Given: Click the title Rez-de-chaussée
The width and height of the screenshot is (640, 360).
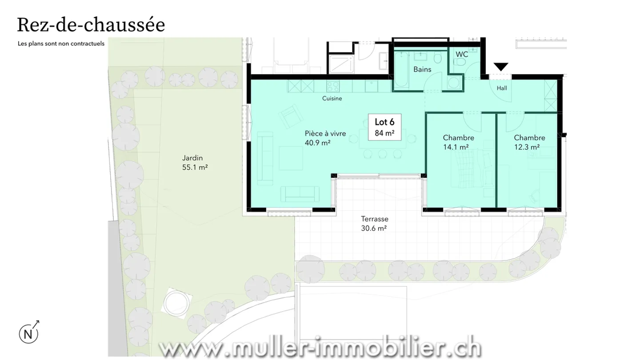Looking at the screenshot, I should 91,25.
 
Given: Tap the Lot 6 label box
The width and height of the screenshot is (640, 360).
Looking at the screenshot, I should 384,127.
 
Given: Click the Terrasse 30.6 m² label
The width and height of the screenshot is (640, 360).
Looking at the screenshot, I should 374,223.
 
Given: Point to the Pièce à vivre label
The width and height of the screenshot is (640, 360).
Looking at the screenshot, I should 325,138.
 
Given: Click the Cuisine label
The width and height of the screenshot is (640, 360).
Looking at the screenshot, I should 332,99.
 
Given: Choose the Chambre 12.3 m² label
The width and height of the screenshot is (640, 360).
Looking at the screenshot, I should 529,142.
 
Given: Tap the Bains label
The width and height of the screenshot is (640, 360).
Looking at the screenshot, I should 422,69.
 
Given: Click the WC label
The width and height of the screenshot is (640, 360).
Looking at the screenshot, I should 462,54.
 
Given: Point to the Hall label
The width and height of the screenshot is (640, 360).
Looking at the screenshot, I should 502,88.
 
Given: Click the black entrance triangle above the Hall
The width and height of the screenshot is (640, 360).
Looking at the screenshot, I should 501,67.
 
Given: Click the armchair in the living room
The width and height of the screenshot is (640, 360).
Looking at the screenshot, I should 289,115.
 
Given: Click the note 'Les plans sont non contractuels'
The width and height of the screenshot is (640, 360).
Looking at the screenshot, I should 61,44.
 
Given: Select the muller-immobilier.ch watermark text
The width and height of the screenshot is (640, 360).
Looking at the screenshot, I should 320,348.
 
